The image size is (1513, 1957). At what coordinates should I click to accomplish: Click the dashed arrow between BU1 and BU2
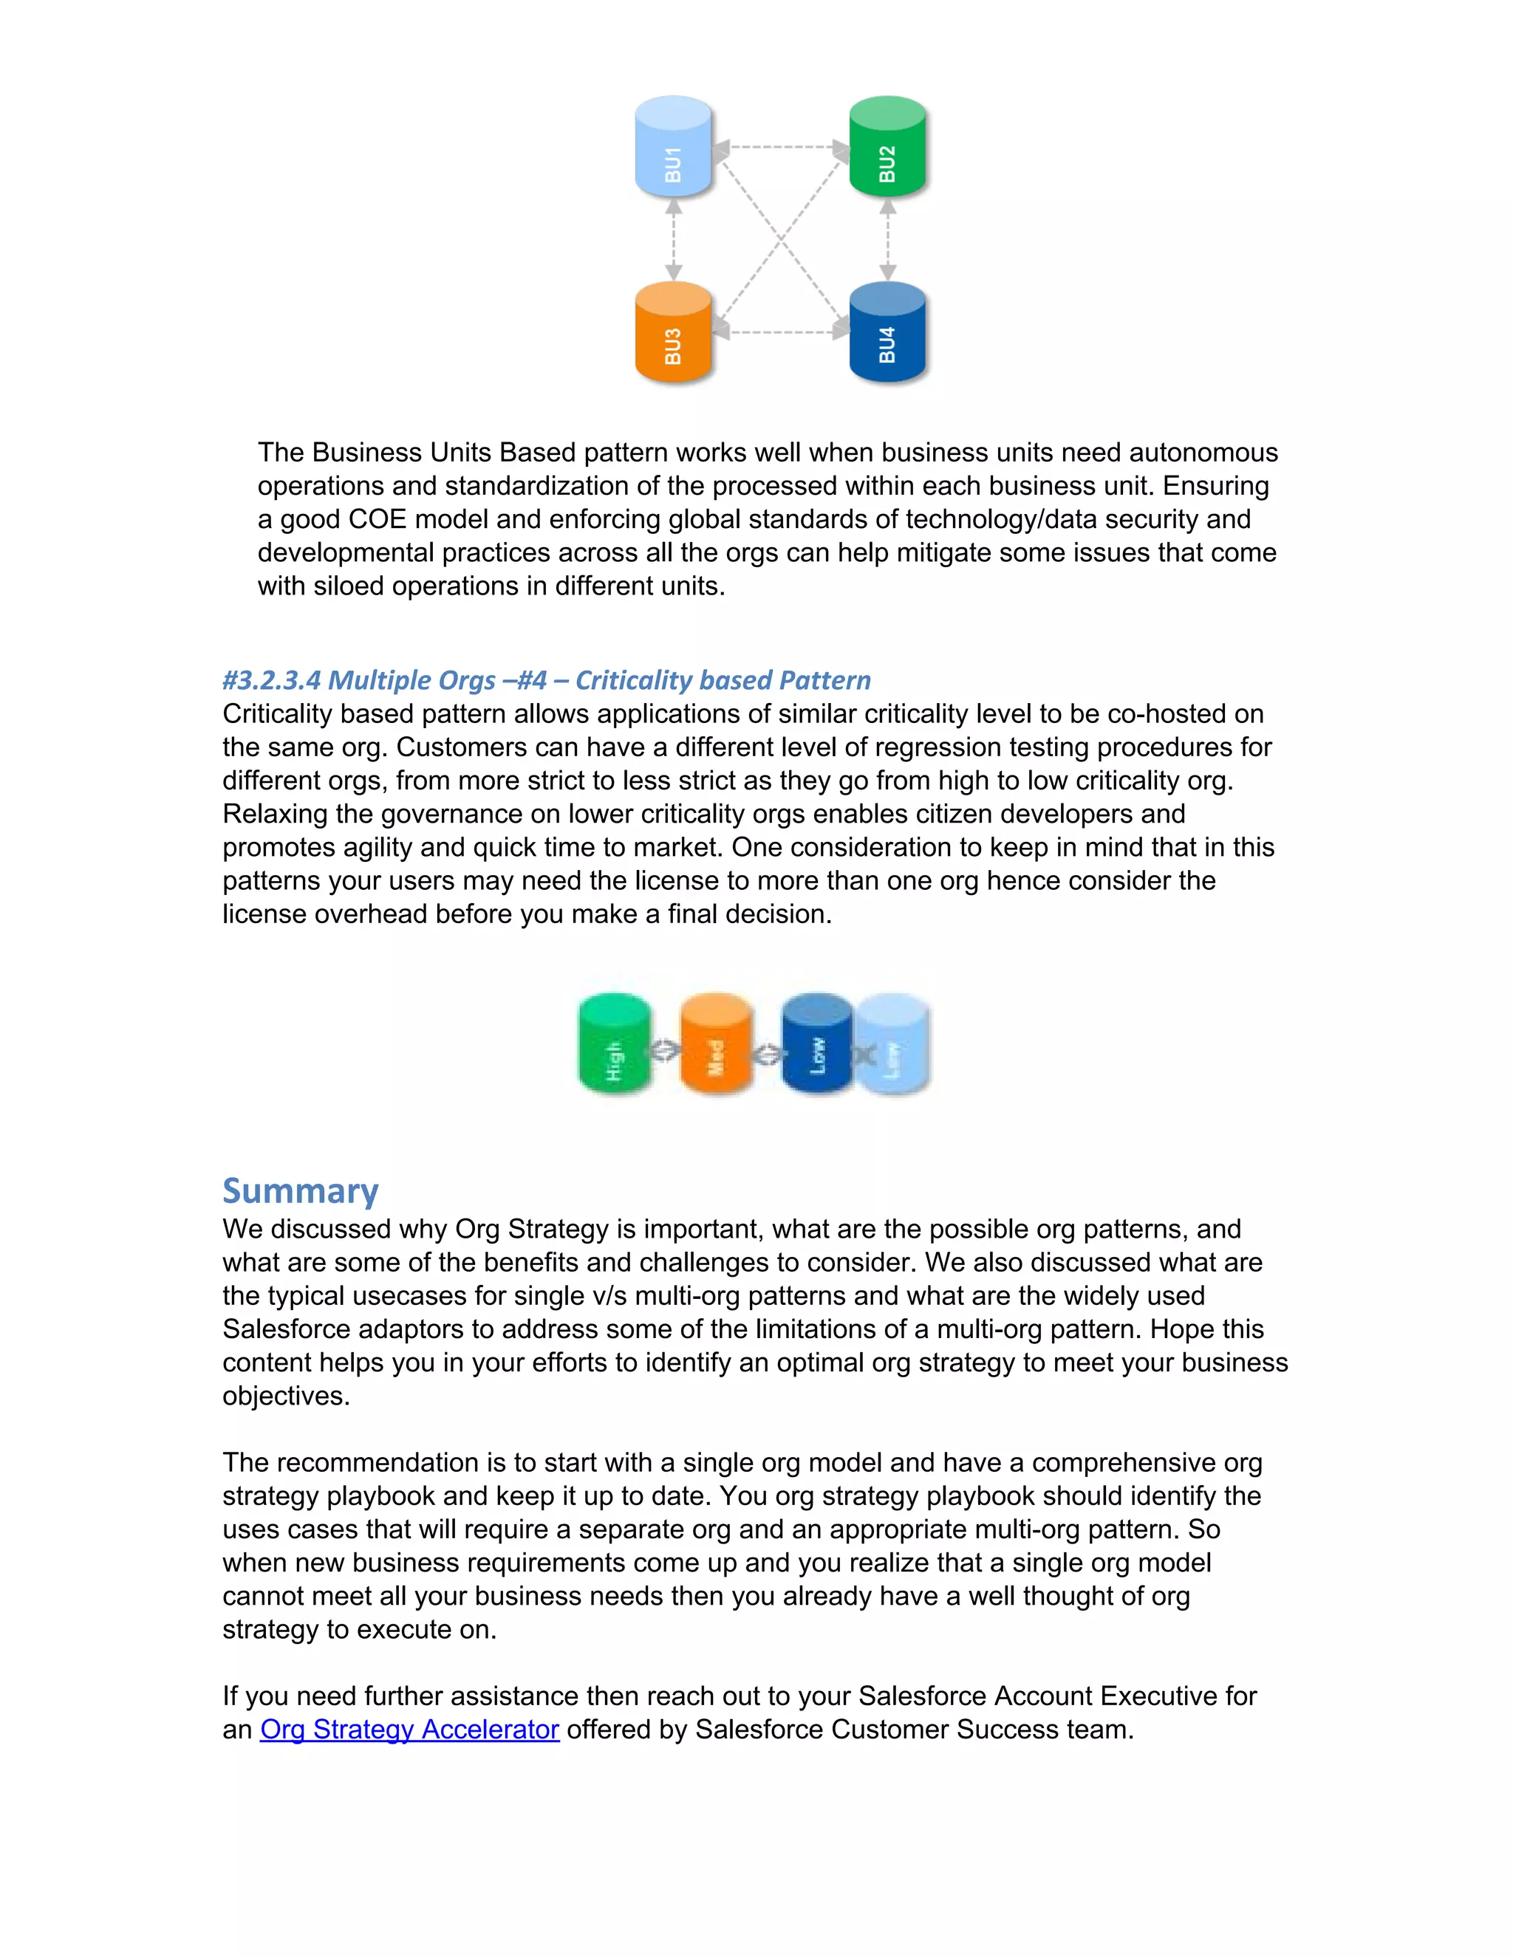(x=780, y=146)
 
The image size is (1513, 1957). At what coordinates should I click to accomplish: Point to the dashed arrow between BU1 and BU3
(x=674, y=239)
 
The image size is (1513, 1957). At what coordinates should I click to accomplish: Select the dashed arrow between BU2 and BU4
(x=887, y=239)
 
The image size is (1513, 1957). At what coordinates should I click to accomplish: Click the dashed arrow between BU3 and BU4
(x=780, y=332)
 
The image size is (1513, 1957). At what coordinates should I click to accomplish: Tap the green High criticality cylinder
(x=614, y=1044)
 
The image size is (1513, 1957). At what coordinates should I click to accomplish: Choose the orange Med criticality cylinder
(x=715, y=1044)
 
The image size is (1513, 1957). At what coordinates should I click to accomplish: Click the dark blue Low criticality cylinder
(x=816, y=1044)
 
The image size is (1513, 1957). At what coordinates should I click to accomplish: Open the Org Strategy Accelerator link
(x=409, y=1730)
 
